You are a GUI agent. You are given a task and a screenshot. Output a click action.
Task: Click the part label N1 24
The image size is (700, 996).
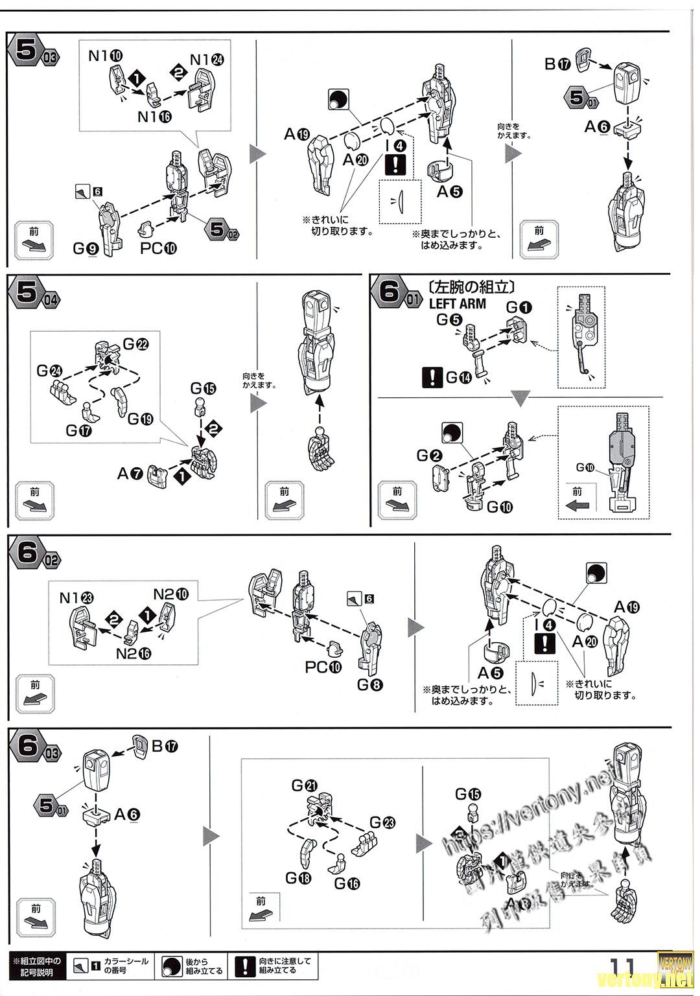click(207, 60)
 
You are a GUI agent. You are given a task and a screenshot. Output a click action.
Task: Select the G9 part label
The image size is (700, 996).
click(86, 248)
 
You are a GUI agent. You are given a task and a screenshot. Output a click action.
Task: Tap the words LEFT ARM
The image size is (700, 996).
click(457, 303)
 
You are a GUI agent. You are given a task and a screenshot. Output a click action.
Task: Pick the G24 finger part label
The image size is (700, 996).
click(49, 371)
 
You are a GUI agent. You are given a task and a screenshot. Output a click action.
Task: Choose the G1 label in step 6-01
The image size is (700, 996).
click(519, 307)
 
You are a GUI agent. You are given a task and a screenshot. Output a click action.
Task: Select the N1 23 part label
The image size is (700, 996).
click(76, 597)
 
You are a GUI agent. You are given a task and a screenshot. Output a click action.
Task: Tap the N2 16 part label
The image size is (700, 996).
click(134, 653)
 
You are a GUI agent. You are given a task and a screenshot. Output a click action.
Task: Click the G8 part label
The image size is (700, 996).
click(370, 684)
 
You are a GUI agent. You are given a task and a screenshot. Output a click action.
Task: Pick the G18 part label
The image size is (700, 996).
click(298, 877)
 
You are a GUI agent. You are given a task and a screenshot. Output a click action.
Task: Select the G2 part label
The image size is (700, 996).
click(428, 456)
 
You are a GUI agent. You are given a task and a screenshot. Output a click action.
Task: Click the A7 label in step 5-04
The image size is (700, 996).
click(130, 474)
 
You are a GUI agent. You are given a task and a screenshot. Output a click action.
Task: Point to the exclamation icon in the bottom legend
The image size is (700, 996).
click(244, 966)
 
